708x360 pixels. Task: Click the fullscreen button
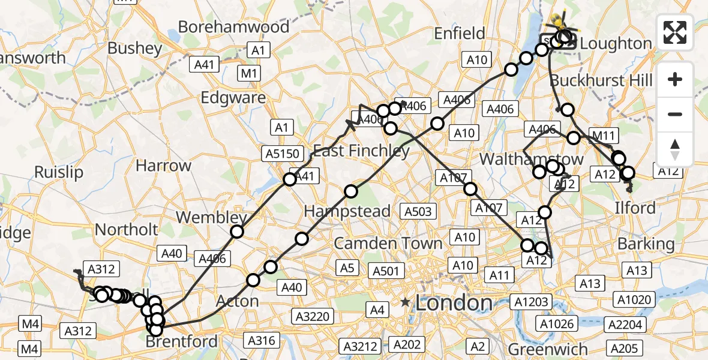pyautogui.click(x=675, y=32)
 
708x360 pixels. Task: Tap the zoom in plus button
pyautogui.click(x=675, y=79)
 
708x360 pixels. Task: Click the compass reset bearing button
pyautogui.click(x=675, y=149)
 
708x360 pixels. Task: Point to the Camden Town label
pyautogui.click(x=388, y=244)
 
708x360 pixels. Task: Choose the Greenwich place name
pyautogui.click(x=548, y=349)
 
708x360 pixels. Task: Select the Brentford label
pyautogui.click(x=182, y=342)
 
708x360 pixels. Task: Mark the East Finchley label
pyautogui.click(x=361, y=151)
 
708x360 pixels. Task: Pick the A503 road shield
pyautogui.click(x=418, y=211)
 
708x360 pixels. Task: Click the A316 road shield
pyautogui.click(x=262, y=341)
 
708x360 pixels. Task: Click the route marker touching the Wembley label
pyautogui.click(x=238, y=232)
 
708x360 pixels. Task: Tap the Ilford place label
pyautogui.click(x=635, y=208)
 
